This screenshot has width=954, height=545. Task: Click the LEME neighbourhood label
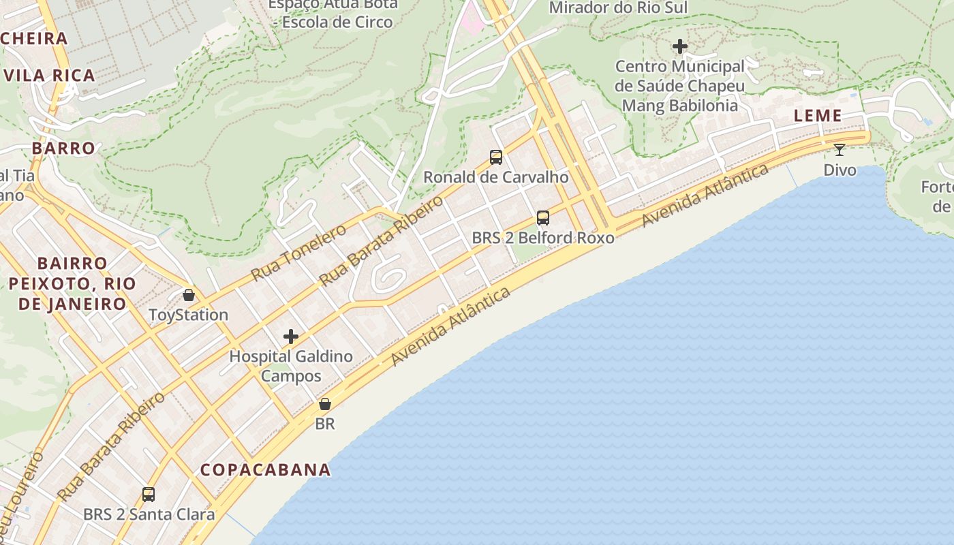(818, 116)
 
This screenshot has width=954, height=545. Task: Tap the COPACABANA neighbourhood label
(266, 469)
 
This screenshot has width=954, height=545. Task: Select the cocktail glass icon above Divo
(839, 149)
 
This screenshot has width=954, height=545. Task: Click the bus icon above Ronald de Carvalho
(496, 157)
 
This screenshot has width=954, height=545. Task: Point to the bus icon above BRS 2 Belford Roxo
(543, 218)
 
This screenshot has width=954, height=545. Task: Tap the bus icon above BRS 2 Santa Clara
(149, 495)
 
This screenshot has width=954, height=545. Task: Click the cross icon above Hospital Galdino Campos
(291, 336)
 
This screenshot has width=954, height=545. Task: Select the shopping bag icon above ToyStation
(189, 295)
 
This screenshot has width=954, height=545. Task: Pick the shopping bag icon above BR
(325, 404)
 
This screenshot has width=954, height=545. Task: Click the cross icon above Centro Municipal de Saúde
(680, 46)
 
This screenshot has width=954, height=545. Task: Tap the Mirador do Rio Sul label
(618, 7)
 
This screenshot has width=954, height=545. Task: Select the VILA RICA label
(50, 75)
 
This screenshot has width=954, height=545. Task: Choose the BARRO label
(63, 148)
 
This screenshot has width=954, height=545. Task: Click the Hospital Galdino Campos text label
(291, 366)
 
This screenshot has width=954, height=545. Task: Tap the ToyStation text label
(189, 315)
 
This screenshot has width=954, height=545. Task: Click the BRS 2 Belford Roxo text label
(543, 238)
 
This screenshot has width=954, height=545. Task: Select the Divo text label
(840, 170)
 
